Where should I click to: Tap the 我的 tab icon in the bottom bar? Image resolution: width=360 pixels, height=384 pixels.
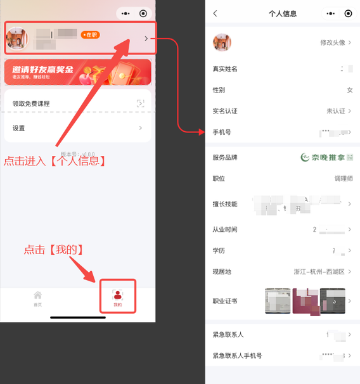117,295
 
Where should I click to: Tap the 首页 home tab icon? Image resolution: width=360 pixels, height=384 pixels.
37,295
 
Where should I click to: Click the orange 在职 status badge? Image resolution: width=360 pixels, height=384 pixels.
90,35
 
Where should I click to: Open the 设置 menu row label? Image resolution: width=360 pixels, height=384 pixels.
19,128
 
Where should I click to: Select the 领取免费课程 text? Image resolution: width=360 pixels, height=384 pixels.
31,103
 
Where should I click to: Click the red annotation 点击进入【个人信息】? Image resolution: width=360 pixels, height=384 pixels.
55,161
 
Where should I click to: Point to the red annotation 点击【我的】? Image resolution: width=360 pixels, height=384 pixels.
54,250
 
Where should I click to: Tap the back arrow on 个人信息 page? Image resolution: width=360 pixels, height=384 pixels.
215,13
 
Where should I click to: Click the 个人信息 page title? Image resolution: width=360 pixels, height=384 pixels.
283,13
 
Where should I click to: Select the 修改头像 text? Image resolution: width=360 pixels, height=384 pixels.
333,42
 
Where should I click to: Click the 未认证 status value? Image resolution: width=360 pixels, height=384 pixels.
335,111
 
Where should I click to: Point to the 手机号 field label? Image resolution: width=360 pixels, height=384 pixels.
222,132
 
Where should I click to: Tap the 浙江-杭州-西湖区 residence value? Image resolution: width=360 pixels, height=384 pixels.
319,271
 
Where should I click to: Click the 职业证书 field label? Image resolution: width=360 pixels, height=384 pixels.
225,301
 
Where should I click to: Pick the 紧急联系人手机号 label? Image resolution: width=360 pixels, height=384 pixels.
237,356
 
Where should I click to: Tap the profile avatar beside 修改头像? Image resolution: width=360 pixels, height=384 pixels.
222,42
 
